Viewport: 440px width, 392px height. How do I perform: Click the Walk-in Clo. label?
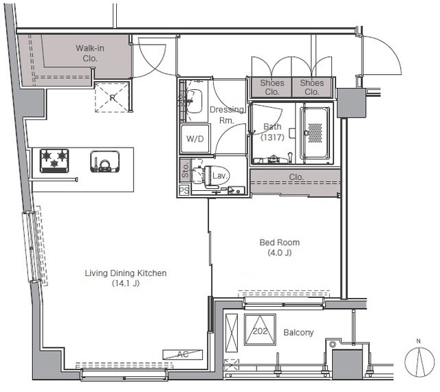coord(90,54)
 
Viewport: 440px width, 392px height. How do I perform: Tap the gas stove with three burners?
coord(54,161)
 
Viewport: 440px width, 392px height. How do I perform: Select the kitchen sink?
coord(105,161)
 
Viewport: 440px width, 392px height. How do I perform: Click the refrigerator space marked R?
coord(112,97)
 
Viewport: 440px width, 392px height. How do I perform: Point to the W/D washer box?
coord(195,139)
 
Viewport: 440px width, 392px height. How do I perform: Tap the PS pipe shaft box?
coord(184,191)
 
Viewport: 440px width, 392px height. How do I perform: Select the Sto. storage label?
coord(185,170)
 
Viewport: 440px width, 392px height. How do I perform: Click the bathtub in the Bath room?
coord(315,132)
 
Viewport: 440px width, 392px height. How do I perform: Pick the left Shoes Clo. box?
coord(272,87)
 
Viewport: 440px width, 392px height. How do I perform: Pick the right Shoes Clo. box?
coord(312,87)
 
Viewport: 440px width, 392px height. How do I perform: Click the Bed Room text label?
coord(280,242)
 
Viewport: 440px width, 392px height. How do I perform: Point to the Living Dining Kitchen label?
coord(126,273)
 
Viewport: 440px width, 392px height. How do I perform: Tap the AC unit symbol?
coord(183,354)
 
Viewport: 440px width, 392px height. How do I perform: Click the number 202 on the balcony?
coord(260,331)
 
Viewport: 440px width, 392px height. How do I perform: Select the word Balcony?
coord(298,332)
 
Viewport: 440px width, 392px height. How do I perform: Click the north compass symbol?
coord(419,362)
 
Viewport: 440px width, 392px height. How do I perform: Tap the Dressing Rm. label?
coord(227,115)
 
